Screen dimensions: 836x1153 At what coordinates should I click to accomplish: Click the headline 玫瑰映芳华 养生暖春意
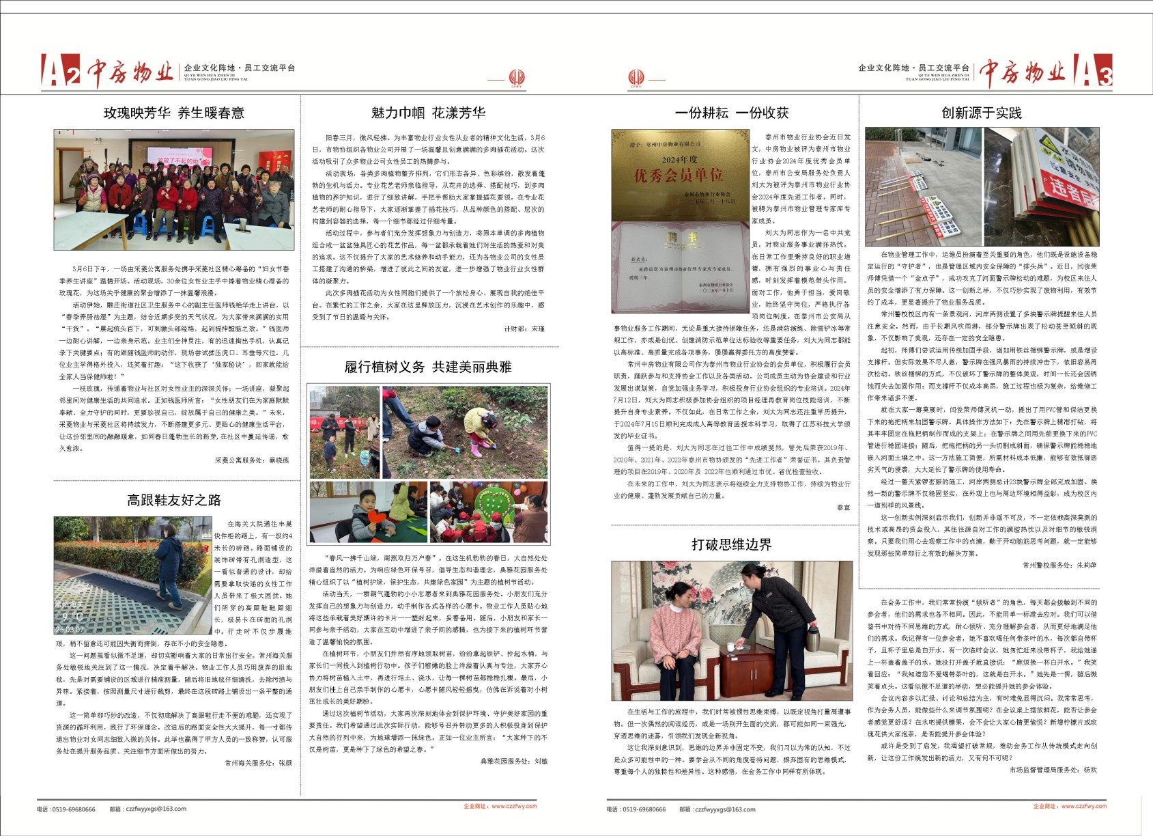pyautogui.click(x=173, y=113)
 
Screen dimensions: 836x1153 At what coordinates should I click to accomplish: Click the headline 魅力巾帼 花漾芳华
pyautogui.click(x=428, y=113)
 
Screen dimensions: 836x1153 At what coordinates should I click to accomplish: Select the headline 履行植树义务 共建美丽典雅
pyautogui.click(x=427, y=367)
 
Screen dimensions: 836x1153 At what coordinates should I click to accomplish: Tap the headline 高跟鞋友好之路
pyautogui.click(x=173, y=500)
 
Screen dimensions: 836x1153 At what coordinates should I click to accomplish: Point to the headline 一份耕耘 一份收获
pyautogui.click(x=731, y=113)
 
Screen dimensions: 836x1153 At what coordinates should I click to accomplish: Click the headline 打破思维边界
pyautogui.click(x=731, y=544)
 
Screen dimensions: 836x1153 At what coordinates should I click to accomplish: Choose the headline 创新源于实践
pyautogui.click(x=981, y=113)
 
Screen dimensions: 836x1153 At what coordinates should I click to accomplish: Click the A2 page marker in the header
pyautogui.click(x=61, y=71)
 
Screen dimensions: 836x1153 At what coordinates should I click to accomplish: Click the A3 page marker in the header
pyautogui.click(x=1092, y=71)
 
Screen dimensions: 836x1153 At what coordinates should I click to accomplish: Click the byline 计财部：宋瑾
pyautogui.click(x=524, y=329)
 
